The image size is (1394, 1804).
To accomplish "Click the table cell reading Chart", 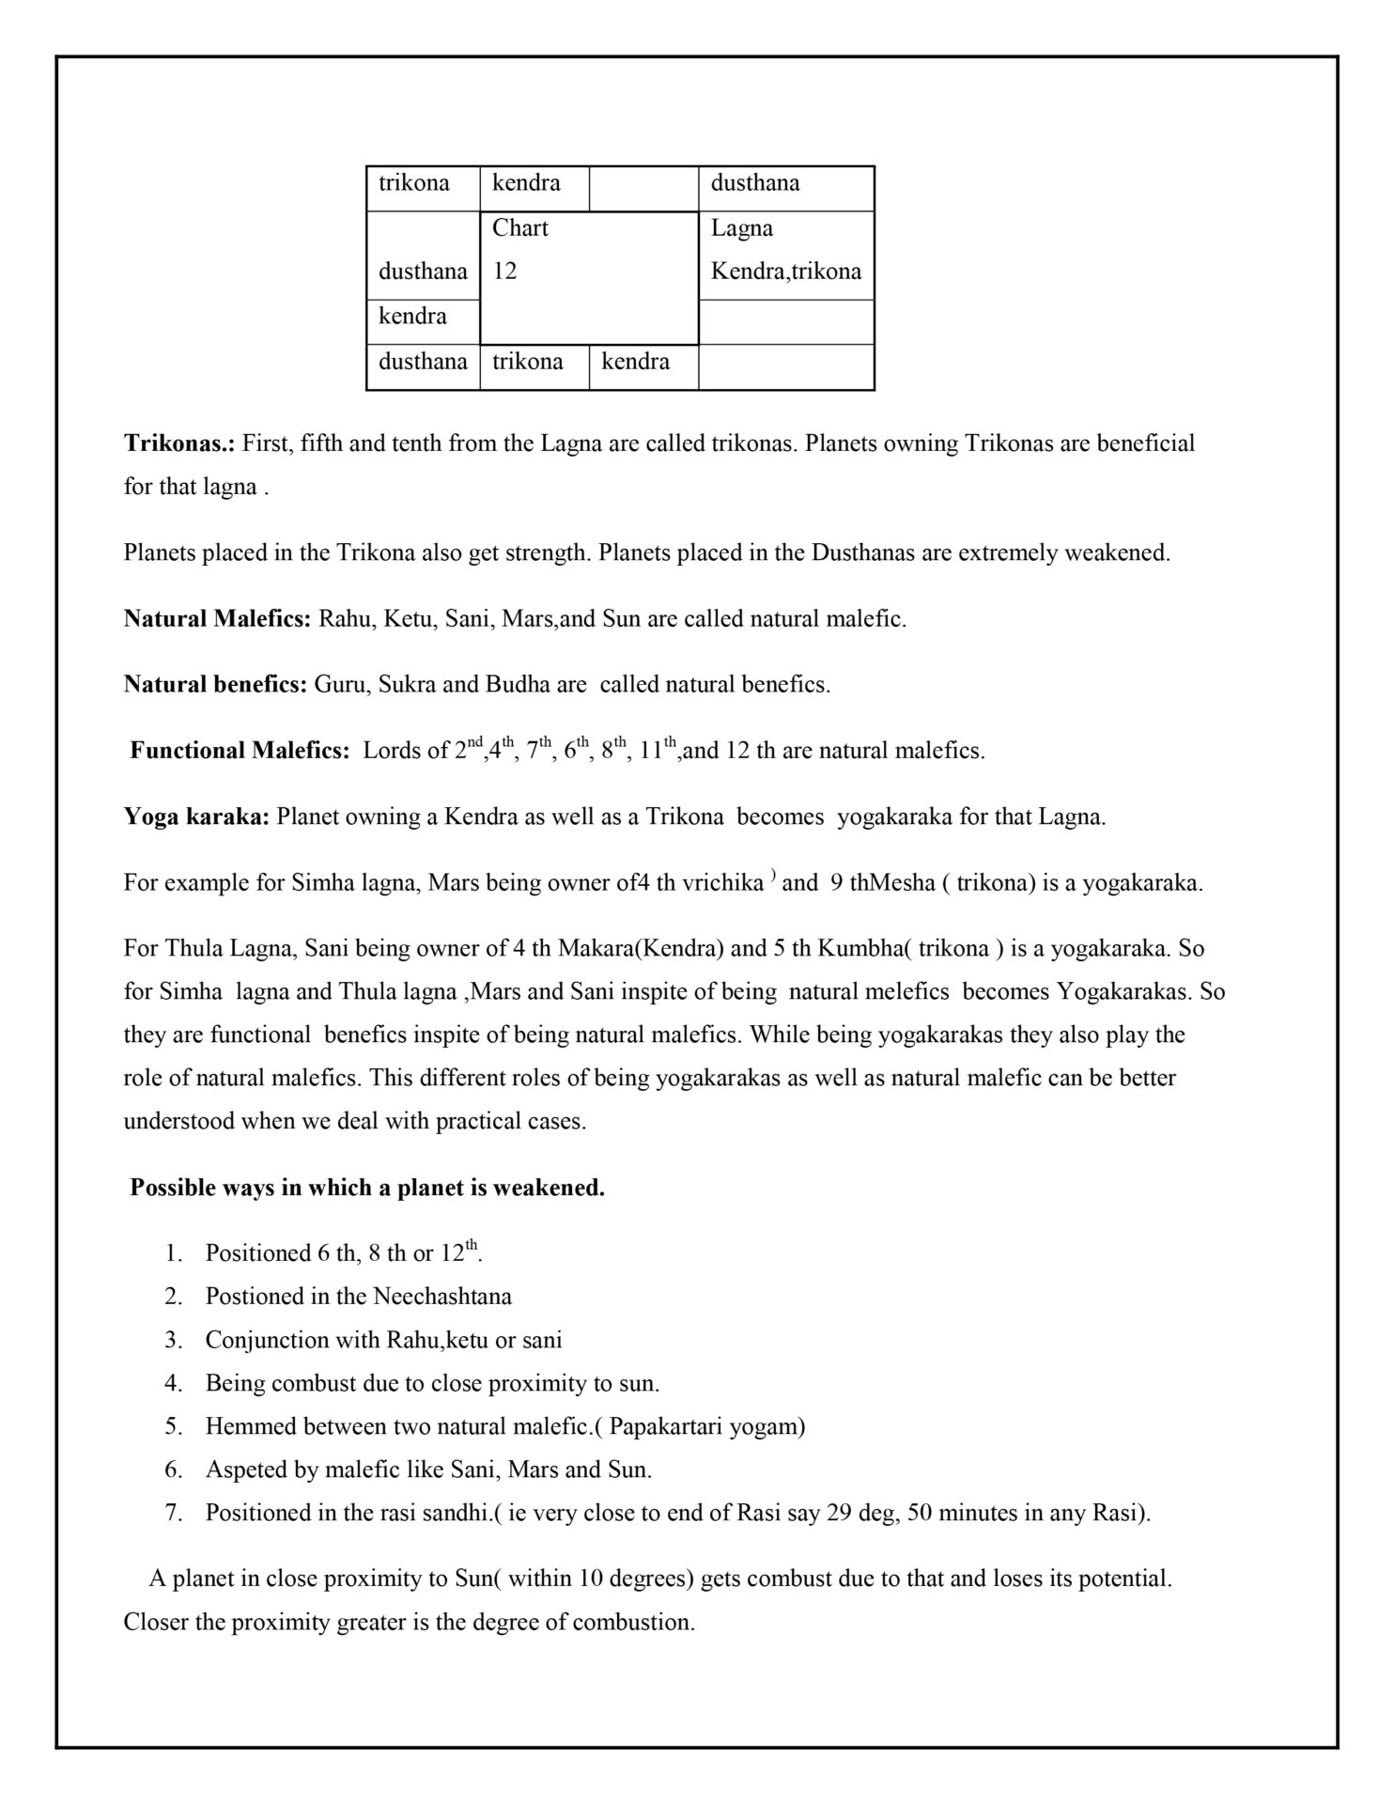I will tap(520, 228).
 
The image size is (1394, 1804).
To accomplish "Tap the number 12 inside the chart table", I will tap(504, 272).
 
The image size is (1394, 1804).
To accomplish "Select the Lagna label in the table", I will tap(741, 228).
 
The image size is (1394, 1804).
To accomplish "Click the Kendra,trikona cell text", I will tap(785, 272).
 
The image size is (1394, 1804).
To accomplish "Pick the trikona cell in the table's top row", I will tap(413, 183).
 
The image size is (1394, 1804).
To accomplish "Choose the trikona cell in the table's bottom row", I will tap(527, 362).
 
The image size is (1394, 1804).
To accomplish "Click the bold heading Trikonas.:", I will tap(179, 443).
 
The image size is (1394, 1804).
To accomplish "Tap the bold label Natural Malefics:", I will tap(217, 619).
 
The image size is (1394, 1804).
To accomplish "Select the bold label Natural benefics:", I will tap(215, 684).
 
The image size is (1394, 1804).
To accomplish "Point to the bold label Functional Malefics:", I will tap(240, 751).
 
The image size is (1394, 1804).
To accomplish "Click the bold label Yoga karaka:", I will tap(196, 816).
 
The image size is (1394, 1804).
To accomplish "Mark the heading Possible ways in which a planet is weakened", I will tap(367, 1188).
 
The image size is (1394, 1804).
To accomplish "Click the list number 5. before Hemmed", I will tap(173, 1426).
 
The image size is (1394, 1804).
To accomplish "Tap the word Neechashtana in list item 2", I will tap(442, 1297).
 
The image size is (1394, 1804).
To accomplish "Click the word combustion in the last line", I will tap(634, 1623).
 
